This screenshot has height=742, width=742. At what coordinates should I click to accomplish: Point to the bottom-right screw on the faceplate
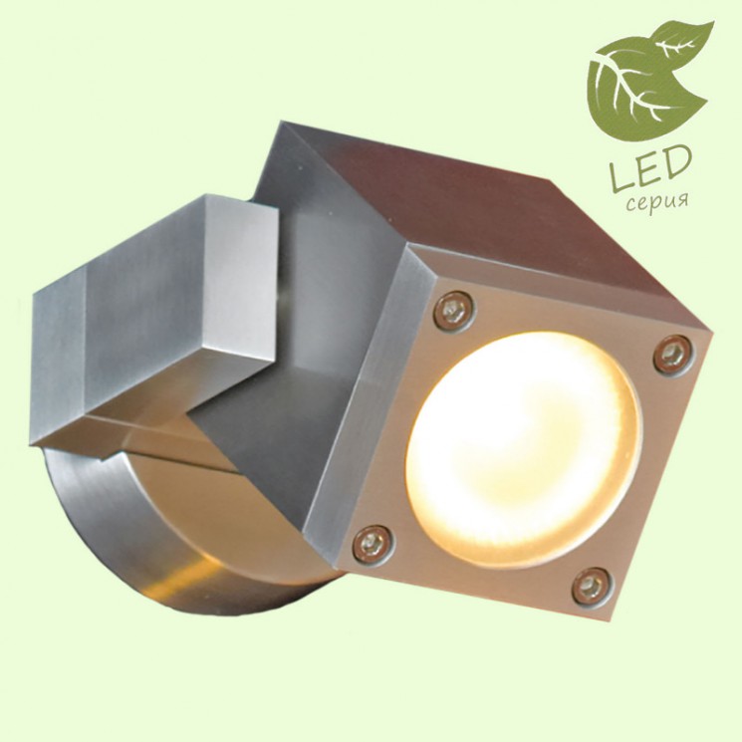click(x=593, y=587)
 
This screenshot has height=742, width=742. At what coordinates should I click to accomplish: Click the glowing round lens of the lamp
click(x=524, y=448)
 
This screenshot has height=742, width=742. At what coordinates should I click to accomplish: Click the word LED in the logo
click(x=650, y=168)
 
